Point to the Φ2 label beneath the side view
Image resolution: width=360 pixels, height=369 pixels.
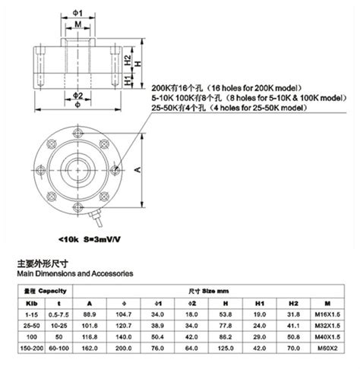pos(78,96)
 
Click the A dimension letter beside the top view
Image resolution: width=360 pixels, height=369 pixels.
pos(137,170)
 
